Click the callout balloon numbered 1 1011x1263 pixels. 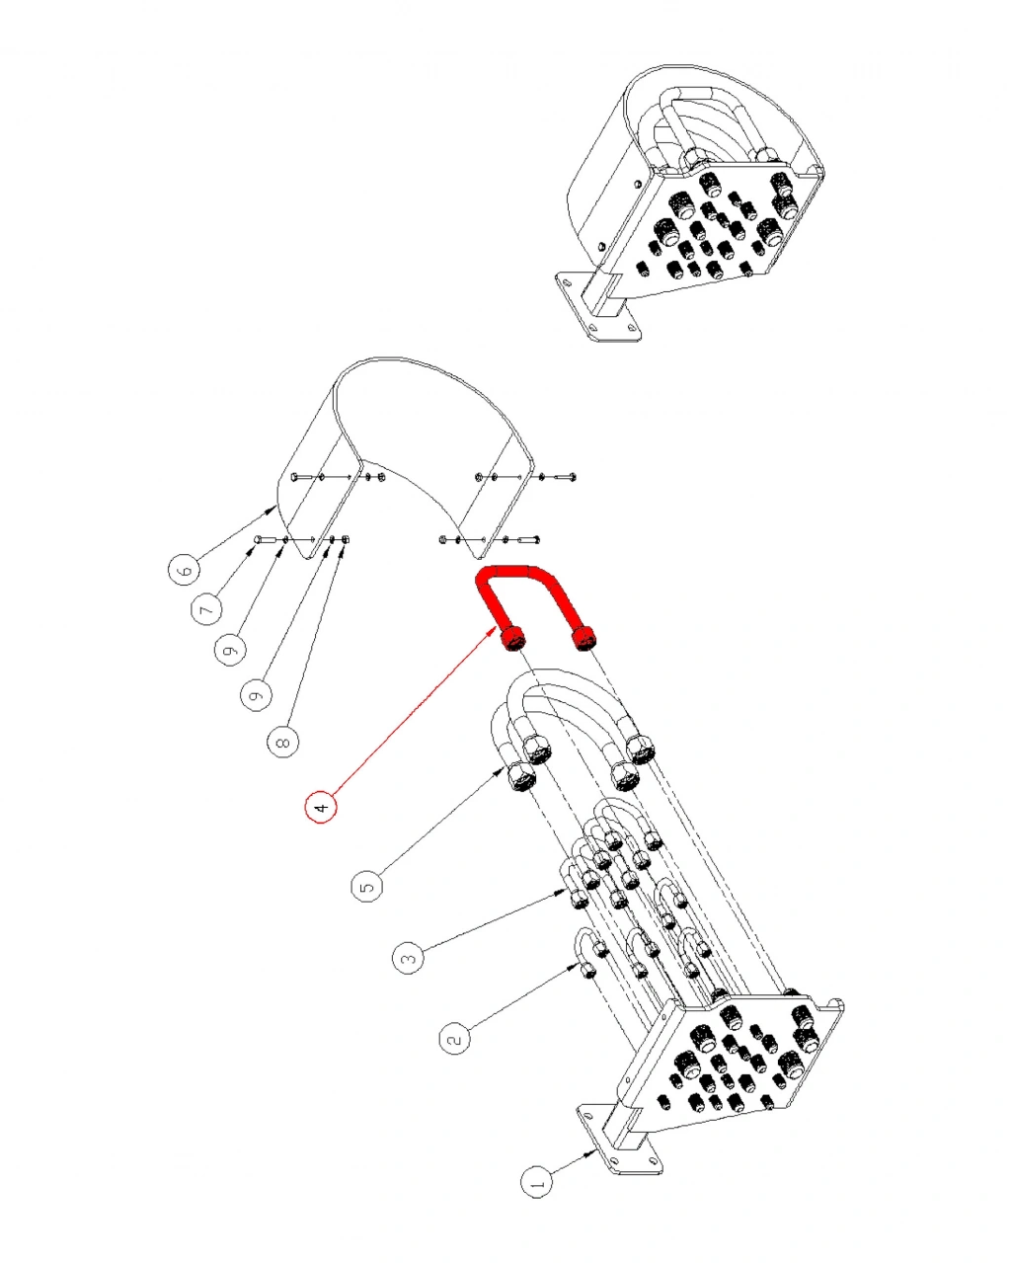point(537,1181)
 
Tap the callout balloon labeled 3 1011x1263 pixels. point(409,957)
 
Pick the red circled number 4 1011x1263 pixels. point(321,808)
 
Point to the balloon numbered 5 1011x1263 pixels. point(367,887)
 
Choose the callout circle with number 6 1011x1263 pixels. point(184,570)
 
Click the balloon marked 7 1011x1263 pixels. point(206,609)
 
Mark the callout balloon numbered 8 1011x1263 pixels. point(283,742)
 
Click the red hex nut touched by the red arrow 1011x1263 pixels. point(511,638)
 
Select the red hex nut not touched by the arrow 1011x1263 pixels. point(583,638)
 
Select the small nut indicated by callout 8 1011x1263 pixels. point(345,539)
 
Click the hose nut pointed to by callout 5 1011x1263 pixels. point(520,776)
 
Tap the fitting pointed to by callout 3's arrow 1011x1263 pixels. point(579,898)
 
